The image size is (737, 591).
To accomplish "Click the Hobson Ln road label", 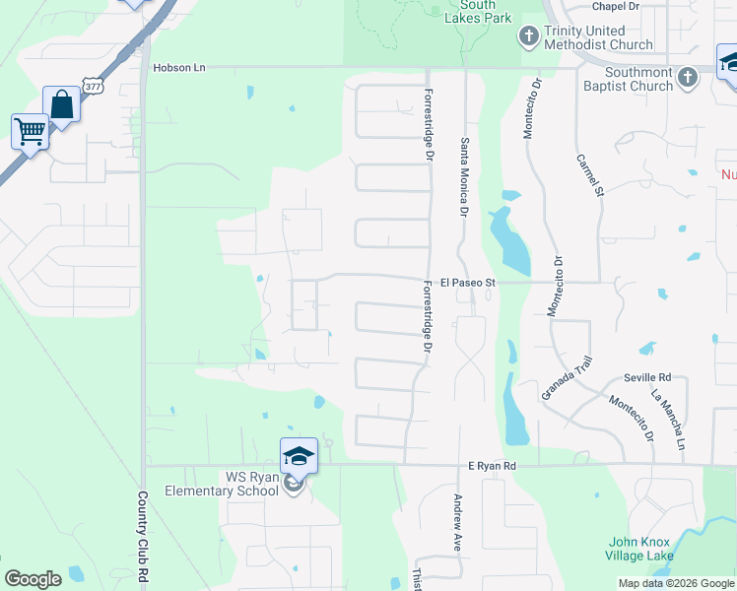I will point(179,67).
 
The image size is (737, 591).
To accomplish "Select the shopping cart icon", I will point(30,130).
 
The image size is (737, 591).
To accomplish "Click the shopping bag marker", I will point(61,104).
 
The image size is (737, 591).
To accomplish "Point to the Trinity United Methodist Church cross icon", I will point(528,36).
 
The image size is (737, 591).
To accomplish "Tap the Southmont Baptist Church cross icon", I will point(688,75).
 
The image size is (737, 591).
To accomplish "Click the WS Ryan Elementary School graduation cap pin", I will point(299,456).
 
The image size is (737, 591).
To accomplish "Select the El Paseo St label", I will point(466,283).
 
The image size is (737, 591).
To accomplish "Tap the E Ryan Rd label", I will point(492,466).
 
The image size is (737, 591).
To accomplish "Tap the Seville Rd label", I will point(647,377).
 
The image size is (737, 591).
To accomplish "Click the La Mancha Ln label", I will point(667,419).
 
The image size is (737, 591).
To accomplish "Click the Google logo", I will point(33,579).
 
